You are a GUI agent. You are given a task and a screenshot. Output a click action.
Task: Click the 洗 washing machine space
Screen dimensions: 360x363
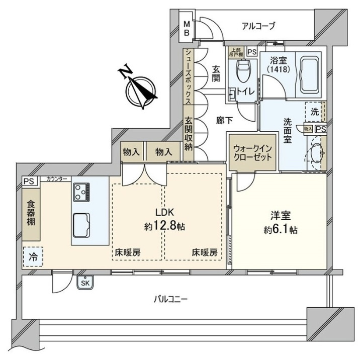315,112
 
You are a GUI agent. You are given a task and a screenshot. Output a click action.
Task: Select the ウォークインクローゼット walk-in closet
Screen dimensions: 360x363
253,152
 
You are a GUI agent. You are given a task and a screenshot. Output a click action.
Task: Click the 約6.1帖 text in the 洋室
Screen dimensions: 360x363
279,230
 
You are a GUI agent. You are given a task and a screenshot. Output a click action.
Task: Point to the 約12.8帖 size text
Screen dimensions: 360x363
164,227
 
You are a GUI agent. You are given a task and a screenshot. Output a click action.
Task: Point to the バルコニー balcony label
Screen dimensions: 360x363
170,300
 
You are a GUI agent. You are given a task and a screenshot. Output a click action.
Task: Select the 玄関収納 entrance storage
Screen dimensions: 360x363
188,133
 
